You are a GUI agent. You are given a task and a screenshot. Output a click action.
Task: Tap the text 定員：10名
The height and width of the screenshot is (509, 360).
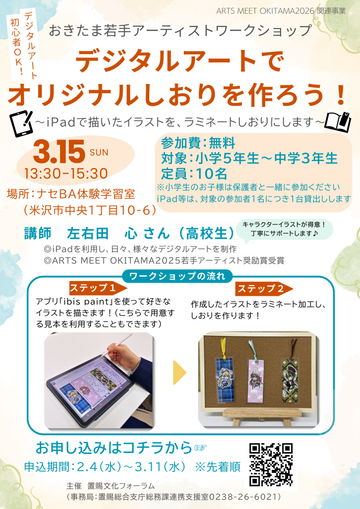194,173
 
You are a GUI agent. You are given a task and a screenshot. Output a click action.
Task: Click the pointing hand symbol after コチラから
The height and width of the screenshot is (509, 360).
201,447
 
